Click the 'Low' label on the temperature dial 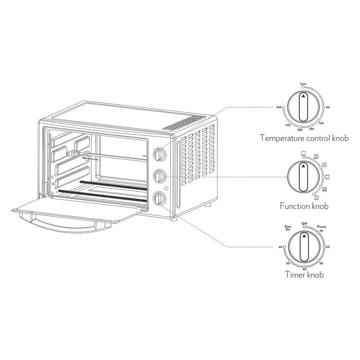pos(303,84)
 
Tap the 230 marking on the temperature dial pos(279,107)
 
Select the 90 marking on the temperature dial pos(328,107)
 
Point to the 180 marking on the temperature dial pos(300,130)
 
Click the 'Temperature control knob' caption pos(304,138)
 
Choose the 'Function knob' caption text pos(304,206)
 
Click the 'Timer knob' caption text pos(304,275)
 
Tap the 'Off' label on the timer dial pos(304,224)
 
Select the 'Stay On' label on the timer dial pos(288,228)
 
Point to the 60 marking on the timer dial pos(280,247)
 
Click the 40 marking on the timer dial pos(304,269)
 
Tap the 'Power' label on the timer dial pos(321,226)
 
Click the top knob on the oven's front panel pos(159,154)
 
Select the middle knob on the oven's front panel pos(159,176)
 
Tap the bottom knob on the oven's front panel pos(159,198)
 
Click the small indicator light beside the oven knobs pos(166,188)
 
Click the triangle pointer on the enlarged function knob pos(303,166)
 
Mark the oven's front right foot pos(174,219)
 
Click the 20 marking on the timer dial pos(328,247)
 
